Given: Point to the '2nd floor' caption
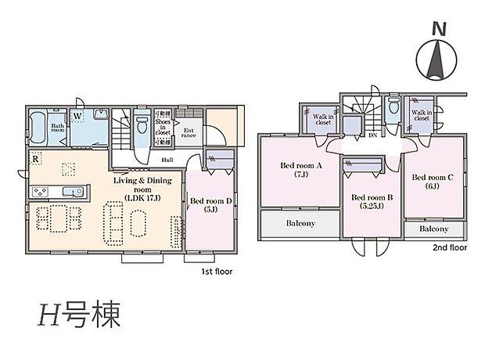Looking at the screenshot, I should click(x=450, y=247).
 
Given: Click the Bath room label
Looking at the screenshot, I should click(x=59, y=128).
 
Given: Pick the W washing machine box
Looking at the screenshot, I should click(x=78, y=117).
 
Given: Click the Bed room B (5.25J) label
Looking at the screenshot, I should click(x=372, y=203).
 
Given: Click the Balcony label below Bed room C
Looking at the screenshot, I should click(x=433, y=229).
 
